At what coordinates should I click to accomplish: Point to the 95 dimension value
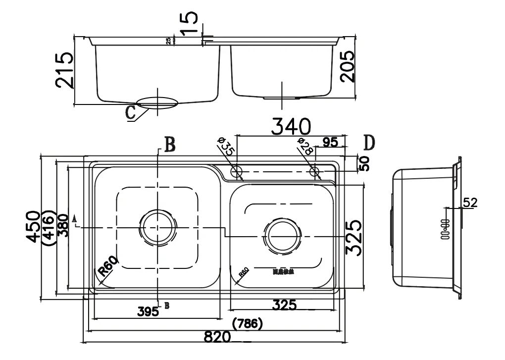[330, 142]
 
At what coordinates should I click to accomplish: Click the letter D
[369, 143]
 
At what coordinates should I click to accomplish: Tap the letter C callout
[131, 112]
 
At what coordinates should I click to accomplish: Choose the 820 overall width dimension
[217, 337]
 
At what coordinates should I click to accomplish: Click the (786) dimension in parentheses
[247, 324]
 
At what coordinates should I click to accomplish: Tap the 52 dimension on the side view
[470, 202]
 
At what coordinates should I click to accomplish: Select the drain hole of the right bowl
[283, 237]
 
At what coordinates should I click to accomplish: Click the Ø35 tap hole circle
[237, 172]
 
